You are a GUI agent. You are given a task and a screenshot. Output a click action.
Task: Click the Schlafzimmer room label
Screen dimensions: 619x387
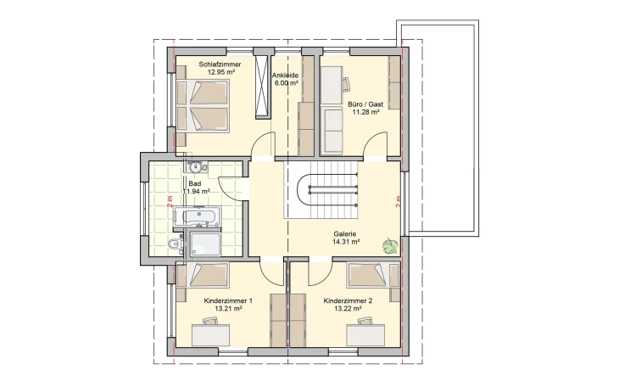pyautogui.click(x=220, y=64)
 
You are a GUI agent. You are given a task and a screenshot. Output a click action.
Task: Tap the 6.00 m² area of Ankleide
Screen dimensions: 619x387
pyautogui.click(x=286, y=83)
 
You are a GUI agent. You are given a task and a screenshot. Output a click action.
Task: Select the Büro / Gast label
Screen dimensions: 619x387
pyautogui.click(x=365, y=104)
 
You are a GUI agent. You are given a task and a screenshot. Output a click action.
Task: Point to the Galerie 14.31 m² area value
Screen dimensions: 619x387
pyautogui.click(x=346, y=242)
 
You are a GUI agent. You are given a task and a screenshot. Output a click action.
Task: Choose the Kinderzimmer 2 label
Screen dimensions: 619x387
pyautogui.click(x=348, y=300)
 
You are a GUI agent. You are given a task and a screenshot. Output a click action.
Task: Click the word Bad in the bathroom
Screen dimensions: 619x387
pyautogui.click(x=195, y=184)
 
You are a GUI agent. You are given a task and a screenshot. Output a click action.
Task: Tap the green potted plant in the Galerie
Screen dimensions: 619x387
pyautogui.click(x=390, y=246)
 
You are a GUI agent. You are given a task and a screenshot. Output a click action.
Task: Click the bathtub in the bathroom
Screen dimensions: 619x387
pyautogui.click(x=195, y=216)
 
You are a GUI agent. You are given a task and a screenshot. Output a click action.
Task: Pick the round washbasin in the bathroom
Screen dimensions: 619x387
pyautogui.click(x=195, y=167)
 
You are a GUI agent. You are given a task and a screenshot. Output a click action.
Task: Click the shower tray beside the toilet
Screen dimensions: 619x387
pyautogui.click(x=205, y=243)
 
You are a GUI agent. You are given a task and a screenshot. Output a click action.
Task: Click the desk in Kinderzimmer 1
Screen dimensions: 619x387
pyautogui.click(x=210, y=334)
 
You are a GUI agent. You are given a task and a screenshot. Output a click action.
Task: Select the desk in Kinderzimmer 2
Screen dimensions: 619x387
pyautogui.click(x=365, y=334)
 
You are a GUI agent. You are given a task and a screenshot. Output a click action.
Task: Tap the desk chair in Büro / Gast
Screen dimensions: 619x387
pyautogui.click(x=346, y=84)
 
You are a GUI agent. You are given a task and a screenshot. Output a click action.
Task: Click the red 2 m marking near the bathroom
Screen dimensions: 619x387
pyautogui.click(x=170, y=202)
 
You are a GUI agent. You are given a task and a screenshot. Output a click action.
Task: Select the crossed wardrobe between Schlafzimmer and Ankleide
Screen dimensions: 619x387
pyautogui.click(x=261, y=87)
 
